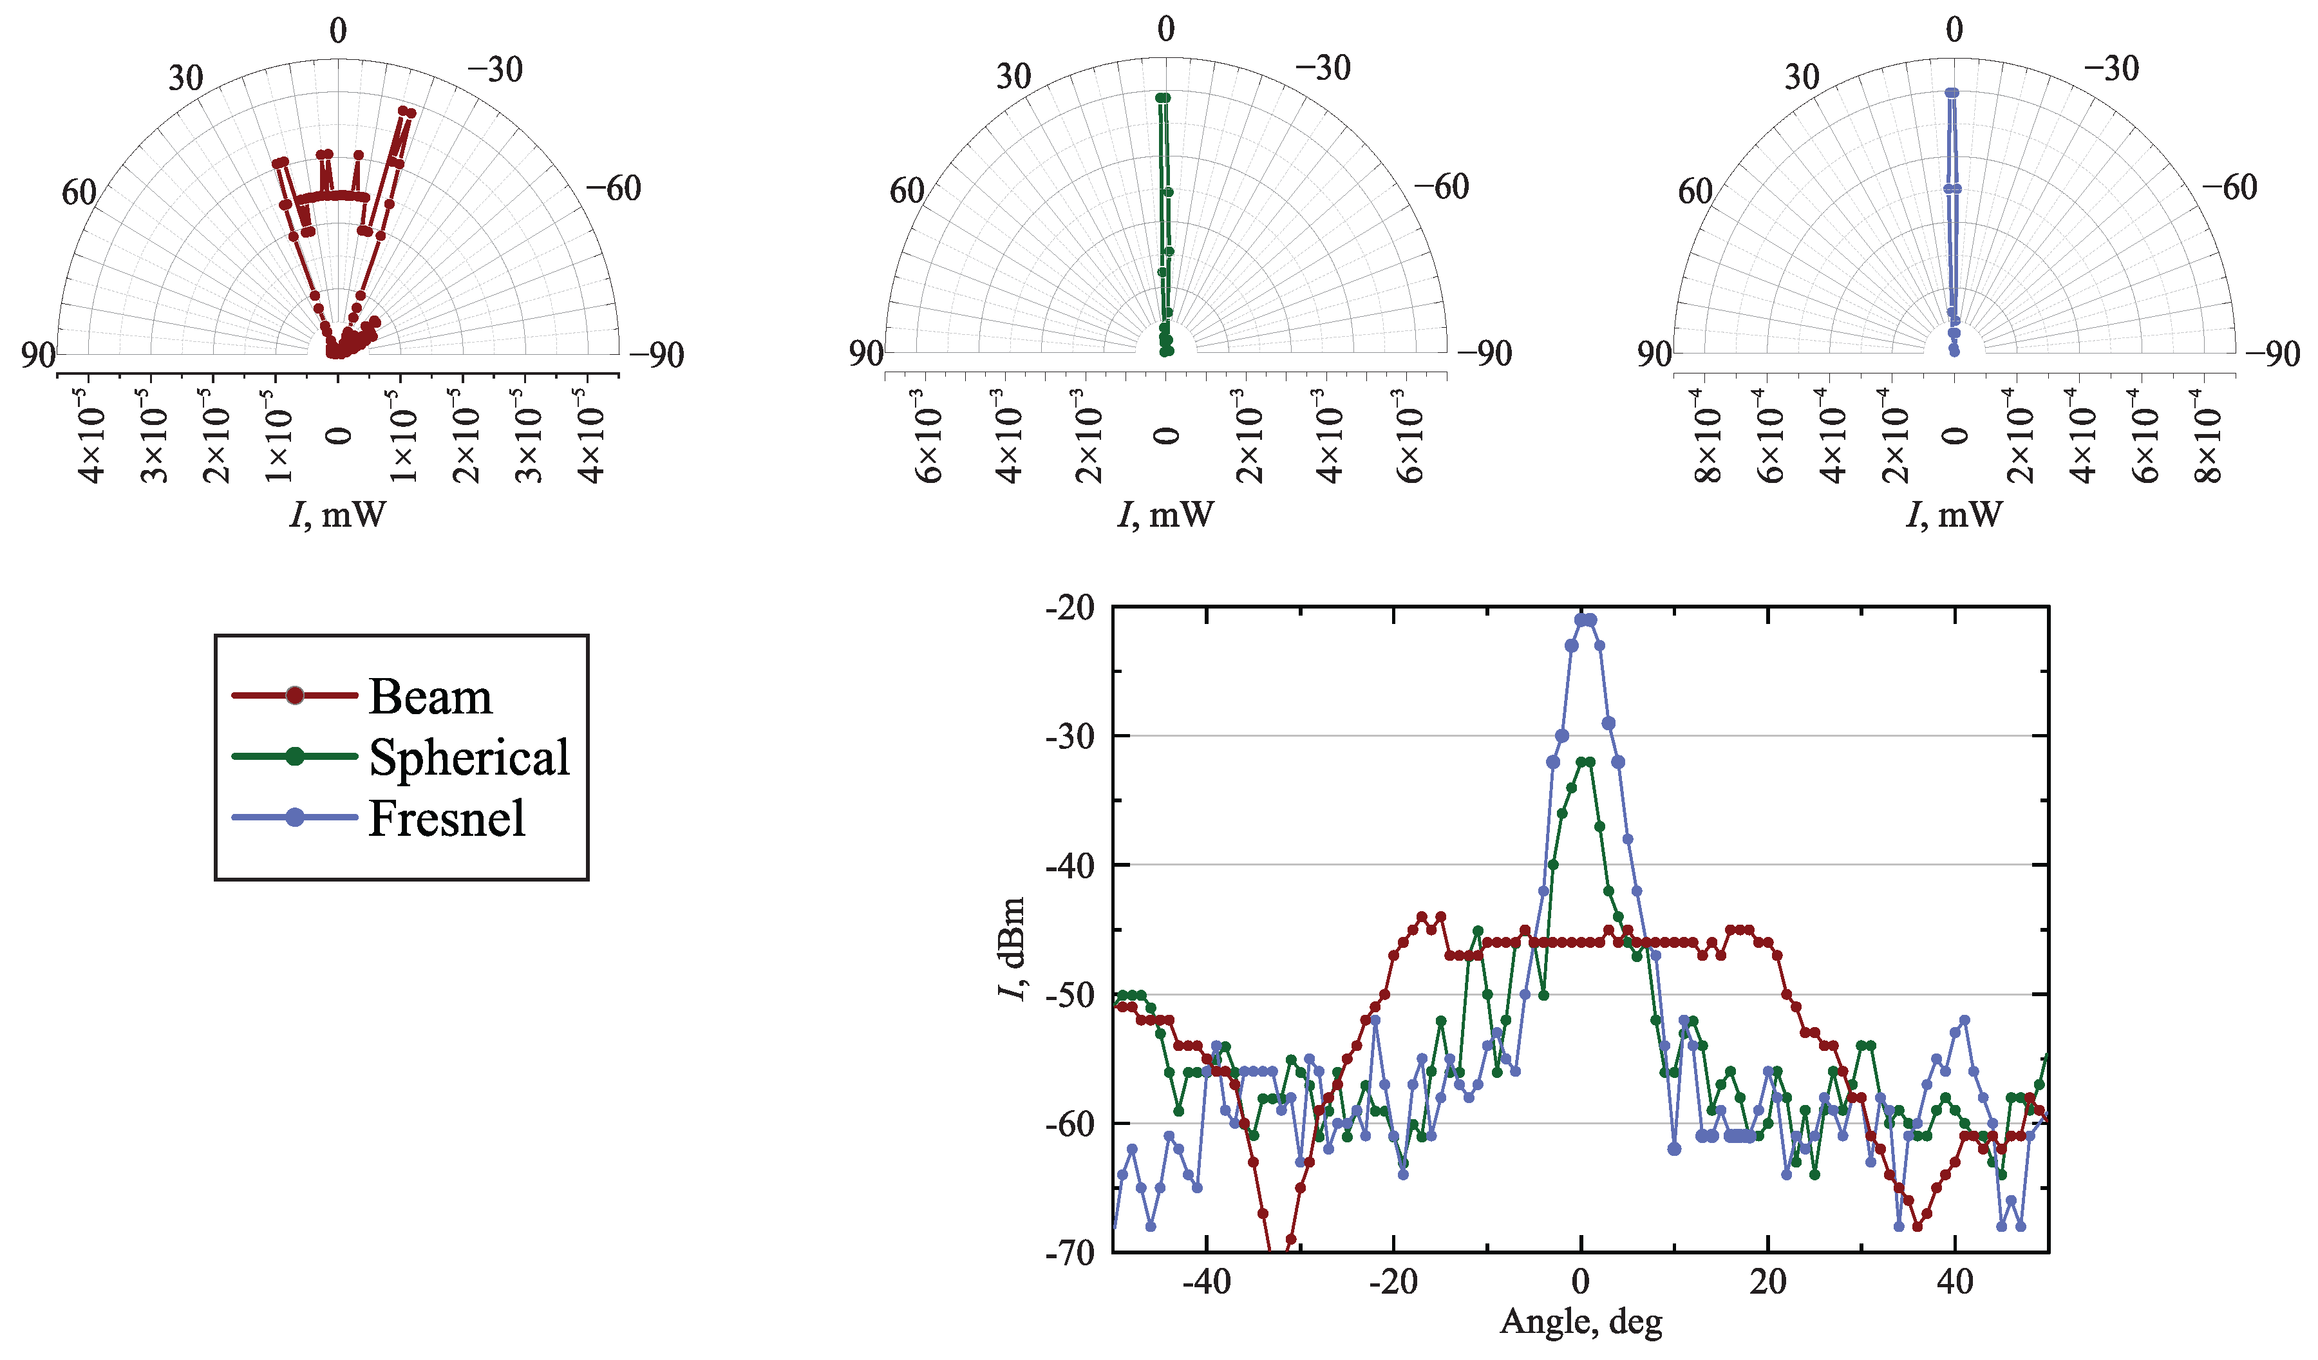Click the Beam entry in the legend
tap(429, 697)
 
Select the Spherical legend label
tap(469, 757)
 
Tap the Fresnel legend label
tap(446, 818)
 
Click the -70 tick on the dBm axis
tap(1071, 1252)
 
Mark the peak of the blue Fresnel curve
tap(1585, 620)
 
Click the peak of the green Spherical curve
tap(1585, 762)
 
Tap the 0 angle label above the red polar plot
tap(339, 32)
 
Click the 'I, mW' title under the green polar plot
tap(1165, 515)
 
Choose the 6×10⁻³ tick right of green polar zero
tap(1409, 437)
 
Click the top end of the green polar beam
tap(1163, 97)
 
